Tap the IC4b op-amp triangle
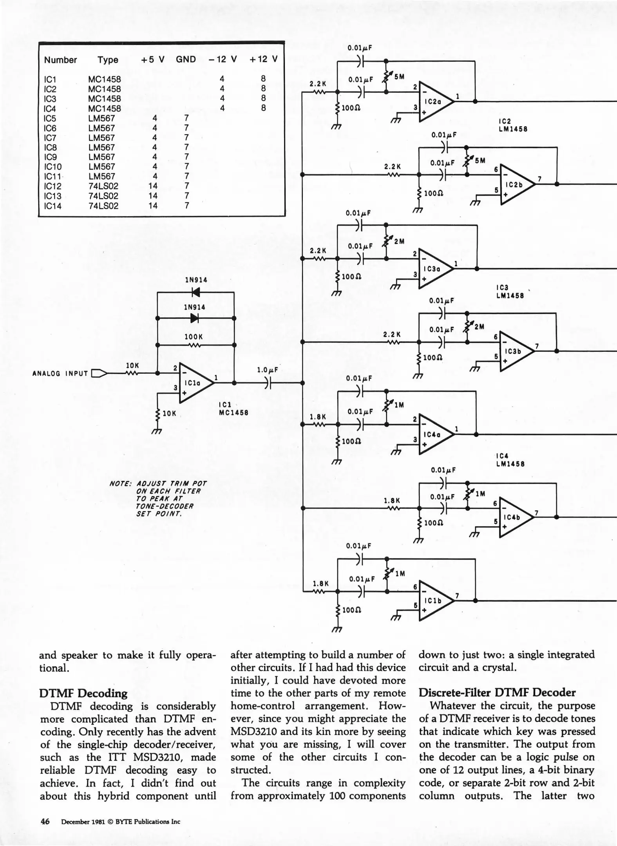515,517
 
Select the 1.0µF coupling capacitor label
267,370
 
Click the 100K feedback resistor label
194,337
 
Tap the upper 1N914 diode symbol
195,292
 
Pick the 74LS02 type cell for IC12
103,186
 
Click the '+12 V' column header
263,59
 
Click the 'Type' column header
108,60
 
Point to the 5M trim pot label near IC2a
399,77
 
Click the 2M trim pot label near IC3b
479,326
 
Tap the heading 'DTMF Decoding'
83,694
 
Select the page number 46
45,821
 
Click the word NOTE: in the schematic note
120,484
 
